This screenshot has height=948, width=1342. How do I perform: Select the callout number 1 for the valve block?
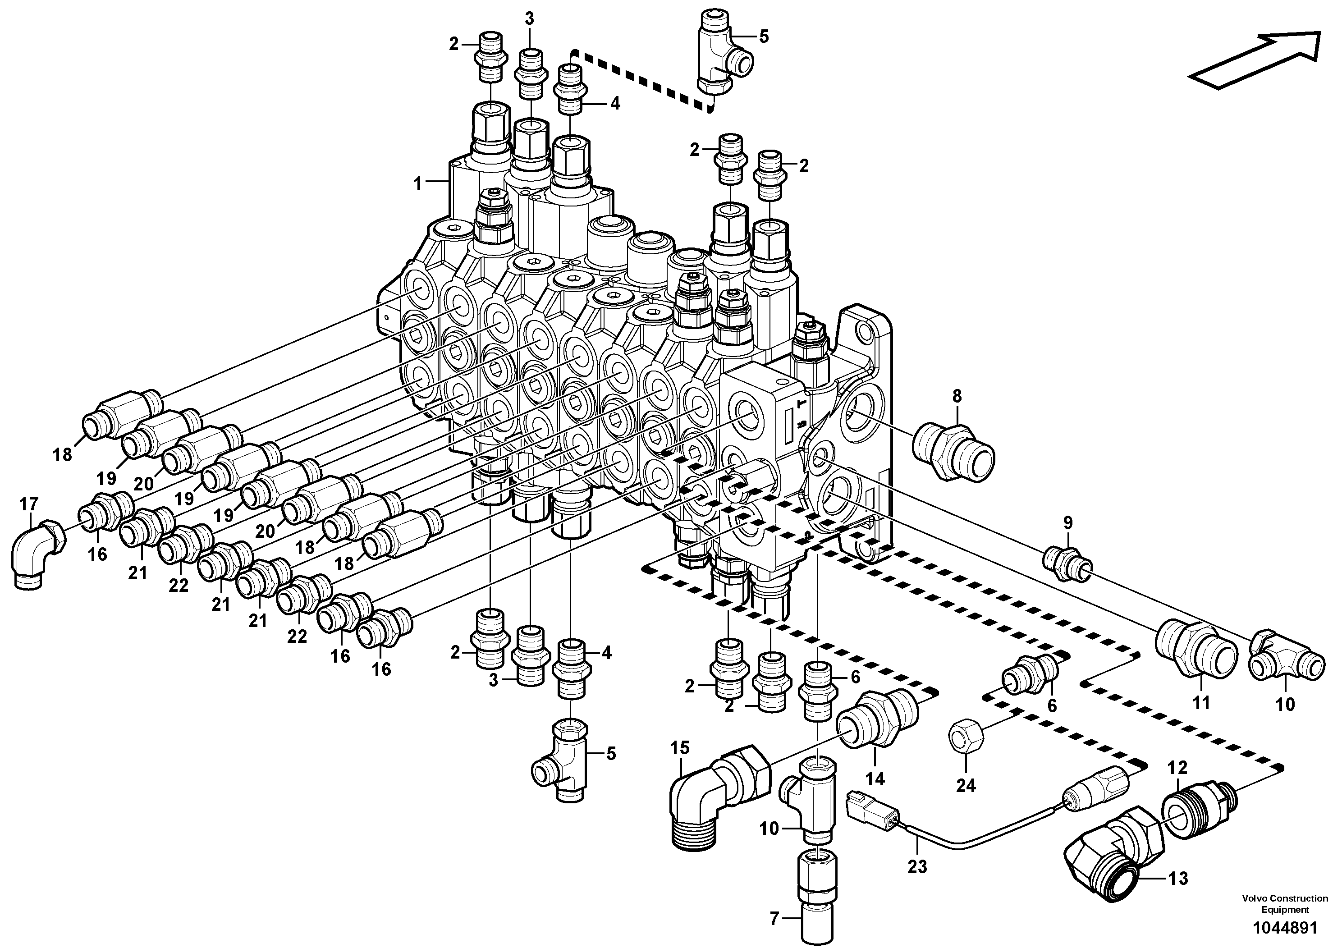[417, 183]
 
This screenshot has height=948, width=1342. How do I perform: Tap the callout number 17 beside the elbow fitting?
[29, 504]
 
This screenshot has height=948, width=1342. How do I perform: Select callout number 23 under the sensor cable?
[917, 866]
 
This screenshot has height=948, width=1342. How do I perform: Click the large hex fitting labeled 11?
[1196, 650]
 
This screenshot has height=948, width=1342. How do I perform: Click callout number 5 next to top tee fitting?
[763, 37]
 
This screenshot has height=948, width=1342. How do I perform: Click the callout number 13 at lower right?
[1178, 878]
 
